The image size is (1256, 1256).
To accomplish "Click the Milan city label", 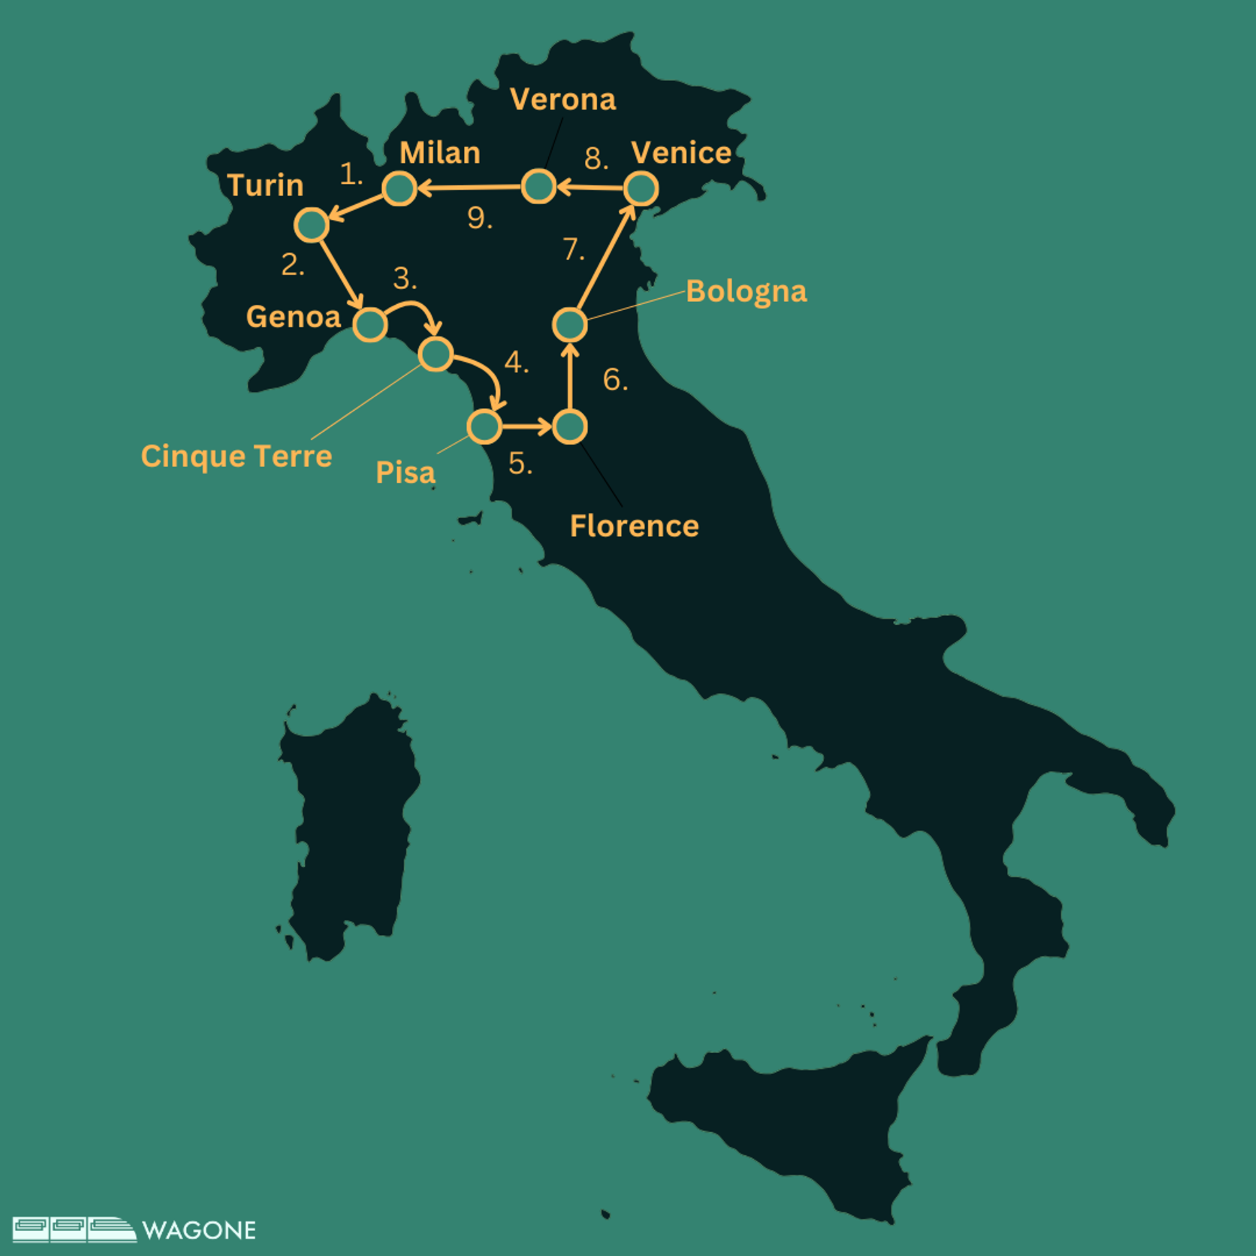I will (440, 153).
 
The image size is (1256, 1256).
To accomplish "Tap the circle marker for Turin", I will (311, 225).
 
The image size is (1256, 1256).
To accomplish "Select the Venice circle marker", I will (640, 189).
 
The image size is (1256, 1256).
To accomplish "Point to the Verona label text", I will (563, 99).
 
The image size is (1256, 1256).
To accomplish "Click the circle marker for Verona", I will (538, 186).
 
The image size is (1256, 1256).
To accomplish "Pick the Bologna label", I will (746, 292).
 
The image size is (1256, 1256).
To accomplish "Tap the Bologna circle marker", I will (570, 324).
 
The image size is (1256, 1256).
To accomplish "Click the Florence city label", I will (634, 526).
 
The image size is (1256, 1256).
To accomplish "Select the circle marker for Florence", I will (570, 427).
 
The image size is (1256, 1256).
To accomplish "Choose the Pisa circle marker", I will (485, 427).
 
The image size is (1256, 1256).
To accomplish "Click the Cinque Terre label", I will (236, 456).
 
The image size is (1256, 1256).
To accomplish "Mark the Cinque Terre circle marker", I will (436, 354).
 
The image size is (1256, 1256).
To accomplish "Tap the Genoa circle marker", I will (370, 324).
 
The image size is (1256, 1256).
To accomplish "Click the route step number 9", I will (479, 218).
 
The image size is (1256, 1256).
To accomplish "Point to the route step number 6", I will (614, 379).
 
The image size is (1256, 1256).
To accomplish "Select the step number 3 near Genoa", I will (404, 279).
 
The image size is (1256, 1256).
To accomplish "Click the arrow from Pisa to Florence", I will (527, 427).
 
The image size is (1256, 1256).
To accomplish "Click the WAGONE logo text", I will (199, 1230).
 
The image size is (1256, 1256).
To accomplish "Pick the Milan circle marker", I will (400, 189).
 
